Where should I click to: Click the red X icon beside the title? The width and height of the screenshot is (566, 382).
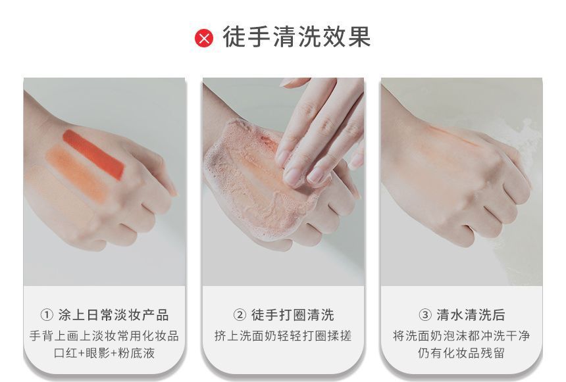pyautogui.click(x=204, y=37)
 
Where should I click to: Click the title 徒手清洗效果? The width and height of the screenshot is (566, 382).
pyautogui.click(x=297, y=37)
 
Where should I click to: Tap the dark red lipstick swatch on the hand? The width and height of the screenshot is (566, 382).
pyautogui.click(x=93, y=155)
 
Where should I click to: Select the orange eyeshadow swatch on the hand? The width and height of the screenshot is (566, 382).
pyautogui.click(x=77, y=173)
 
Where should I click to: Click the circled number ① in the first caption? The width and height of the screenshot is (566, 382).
pyautogui.click(x=47, y=315)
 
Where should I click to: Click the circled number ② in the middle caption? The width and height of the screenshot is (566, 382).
pyautogui.click(x=240, y=315)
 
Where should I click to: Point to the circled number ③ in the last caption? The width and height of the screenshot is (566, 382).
pyautogui.click(x=425, y=315)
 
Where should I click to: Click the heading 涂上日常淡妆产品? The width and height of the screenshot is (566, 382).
pyautogui.click(x=114, y=315)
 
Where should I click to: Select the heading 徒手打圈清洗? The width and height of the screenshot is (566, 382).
pyautogui.click(x=293, y=315)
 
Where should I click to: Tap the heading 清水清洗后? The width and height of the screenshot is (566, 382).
pyautogui.click(x=471, y=315)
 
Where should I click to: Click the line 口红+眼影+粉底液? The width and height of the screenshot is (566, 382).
pyautogui.click(x=105, y=353)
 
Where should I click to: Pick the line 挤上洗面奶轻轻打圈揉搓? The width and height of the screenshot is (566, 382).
pyautogui.click(x=283, y=336)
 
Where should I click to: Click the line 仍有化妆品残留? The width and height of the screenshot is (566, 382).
pyautogui.click(x=461, y=353)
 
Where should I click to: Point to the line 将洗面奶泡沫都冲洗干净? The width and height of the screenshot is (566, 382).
pyautogui.click(x=461, y=336)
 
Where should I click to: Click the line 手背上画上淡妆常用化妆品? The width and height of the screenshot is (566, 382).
pyautogui.click(x=105, y=336)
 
